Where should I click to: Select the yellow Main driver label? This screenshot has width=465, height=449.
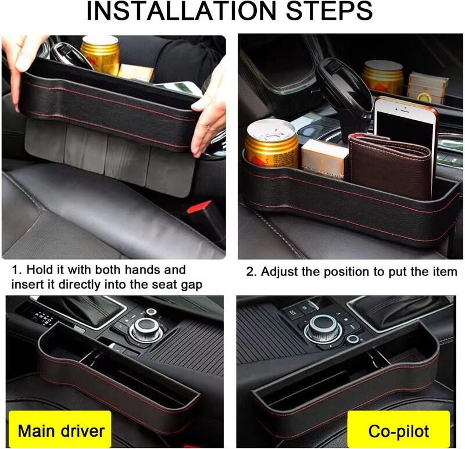click(61, 430)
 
